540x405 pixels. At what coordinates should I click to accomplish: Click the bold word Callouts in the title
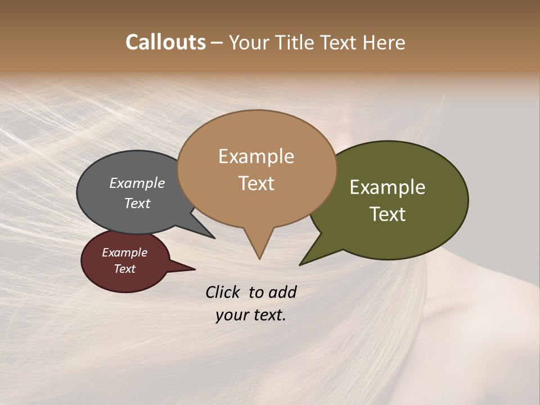[165, 42]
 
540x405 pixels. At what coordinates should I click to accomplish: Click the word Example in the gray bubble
[137, 183]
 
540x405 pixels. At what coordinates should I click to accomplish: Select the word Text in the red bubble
[124, 269]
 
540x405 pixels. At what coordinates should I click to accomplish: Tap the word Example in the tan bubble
[256, 156]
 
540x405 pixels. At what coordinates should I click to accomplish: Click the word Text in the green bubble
[388, 214]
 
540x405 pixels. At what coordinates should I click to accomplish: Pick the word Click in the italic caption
[223, 292]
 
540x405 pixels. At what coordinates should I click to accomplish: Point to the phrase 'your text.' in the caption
[251, 315]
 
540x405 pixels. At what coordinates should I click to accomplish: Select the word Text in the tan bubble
[256, 183]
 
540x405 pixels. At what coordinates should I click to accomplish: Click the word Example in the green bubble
[388, 187]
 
